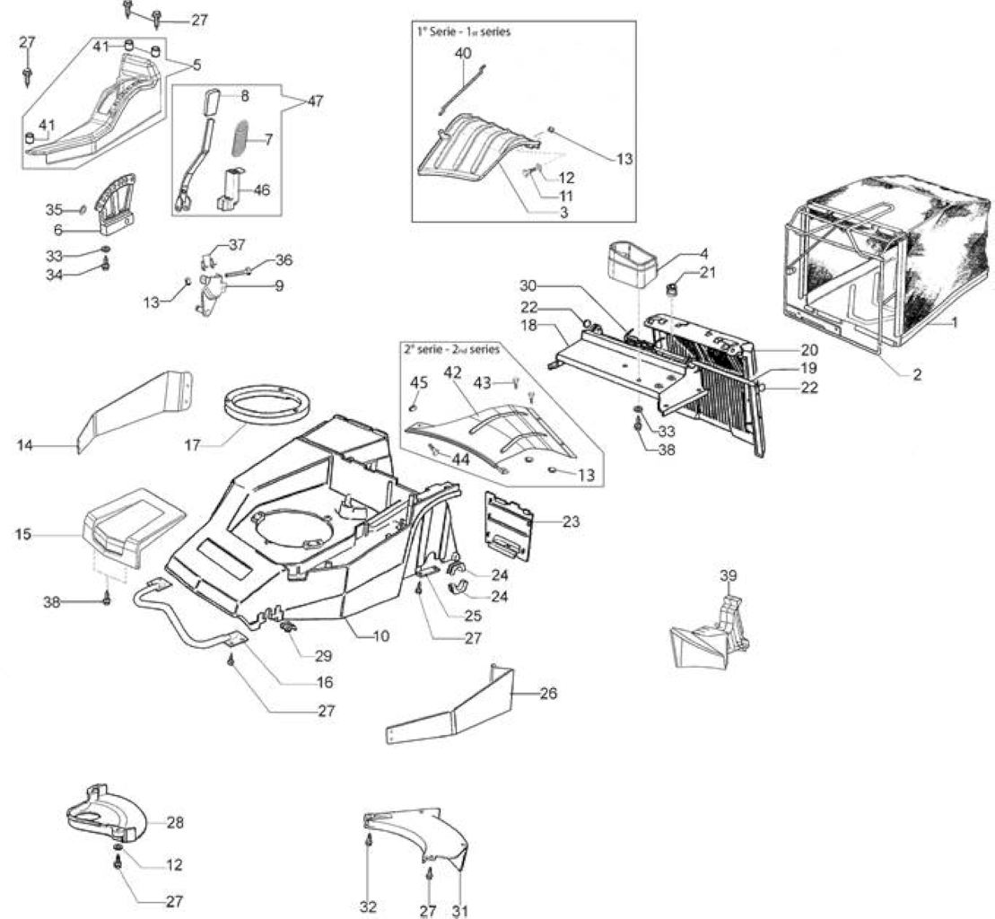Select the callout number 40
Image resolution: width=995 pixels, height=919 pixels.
(x=463, y=53)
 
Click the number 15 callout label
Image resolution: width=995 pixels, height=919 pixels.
(x=22, y=534)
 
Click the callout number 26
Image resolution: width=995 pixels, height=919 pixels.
(x=548, y=694)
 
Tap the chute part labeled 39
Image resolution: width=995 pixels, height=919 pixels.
(x=711, y=635)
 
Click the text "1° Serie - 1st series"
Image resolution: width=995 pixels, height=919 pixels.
(x=464, y=31)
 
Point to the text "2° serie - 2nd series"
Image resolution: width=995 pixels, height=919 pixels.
(x=451, y=349)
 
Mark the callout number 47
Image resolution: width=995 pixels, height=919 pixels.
(x=316, y=101)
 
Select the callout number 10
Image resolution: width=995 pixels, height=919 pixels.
(x=381, y=635)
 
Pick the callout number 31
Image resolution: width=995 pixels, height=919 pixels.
(x=460, y=910)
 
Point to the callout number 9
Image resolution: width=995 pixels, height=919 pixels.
(x=278, y=285)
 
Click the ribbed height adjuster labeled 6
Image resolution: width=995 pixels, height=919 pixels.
(x=116, y=203)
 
